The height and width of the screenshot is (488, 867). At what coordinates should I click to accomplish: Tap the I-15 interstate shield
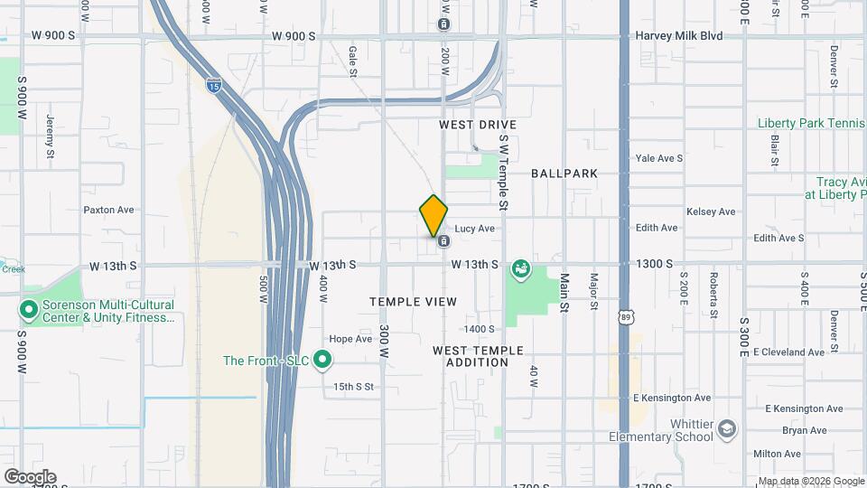[213, 86]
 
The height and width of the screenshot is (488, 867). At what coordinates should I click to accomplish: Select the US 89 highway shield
[626, 317]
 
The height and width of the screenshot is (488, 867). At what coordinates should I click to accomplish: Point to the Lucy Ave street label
[474, 229]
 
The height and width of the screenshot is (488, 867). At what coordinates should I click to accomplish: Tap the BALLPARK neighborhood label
[564, 173]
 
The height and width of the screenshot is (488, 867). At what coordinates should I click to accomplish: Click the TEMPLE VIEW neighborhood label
[413, 301]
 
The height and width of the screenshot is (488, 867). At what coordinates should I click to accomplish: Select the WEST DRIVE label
[478, 124]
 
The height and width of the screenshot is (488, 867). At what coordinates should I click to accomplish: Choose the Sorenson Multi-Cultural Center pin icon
[29, 311]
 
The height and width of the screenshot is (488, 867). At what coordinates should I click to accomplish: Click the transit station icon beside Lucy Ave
[443, 241]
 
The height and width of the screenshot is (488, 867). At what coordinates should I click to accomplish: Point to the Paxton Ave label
[108, 210]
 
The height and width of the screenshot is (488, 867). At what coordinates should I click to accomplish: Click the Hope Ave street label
[350, 340]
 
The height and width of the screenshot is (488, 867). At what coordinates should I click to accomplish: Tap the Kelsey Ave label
[711, 211]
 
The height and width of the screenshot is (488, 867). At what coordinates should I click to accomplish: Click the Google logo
[30, 476]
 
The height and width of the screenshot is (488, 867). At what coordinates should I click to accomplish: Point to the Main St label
[564, 293]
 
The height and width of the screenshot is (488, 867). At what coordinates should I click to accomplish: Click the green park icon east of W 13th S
[520, 268]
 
